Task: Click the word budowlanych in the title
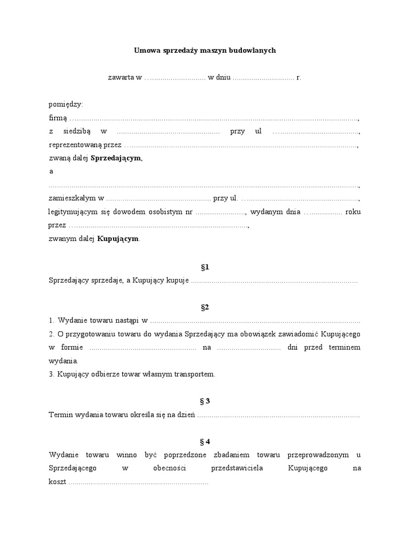click(x=253, y=51)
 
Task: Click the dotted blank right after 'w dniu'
click(x=263, y=78)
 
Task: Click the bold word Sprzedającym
click(x=116, y=158)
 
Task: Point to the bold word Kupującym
click(x=117, y=239)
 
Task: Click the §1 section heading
click(x=204, y=267)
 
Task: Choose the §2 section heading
click(x=204, y=307)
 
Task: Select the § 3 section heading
click(x=204, y=401)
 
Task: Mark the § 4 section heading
click(x=204, y=441)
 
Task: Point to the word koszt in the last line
click(x=57, y=482)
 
